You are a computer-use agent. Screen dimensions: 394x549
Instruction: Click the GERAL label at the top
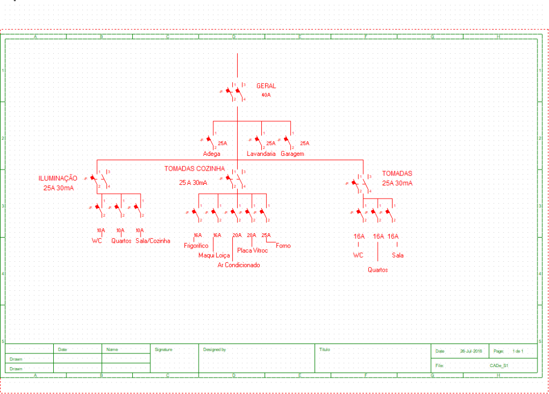click(266, 86)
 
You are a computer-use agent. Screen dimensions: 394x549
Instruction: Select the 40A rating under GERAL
click(266, 95)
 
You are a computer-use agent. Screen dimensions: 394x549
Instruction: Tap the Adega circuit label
click(211, 154)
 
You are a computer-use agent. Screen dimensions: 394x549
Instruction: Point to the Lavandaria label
click(261, 154)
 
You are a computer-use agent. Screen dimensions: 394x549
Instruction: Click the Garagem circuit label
click(292, 154)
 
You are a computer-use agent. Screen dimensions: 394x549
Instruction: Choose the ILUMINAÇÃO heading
click(58, 178)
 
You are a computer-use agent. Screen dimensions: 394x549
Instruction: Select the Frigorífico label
click(196, 246)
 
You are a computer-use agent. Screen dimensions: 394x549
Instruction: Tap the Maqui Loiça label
click(214, 255)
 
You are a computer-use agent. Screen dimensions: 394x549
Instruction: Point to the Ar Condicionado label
click(239, 265)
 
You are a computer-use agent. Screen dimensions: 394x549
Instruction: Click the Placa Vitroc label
click(253, 251)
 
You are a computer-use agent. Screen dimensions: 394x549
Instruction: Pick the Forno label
click(283, 246)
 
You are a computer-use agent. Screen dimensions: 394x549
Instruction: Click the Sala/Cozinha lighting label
click(153, 241)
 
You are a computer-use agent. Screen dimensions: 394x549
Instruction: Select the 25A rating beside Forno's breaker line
click(266, 235)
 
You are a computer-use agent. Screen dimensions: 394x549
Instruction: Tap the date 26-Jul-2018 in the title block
click(471, 351)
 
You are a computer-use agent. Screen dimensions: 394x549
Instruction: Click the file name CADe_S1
click(499, 365)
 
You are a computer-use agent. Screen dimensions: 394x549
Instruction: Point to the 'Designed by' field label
click(215, 350)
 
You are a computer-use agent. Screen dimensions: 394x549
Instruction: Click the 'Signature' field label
click(164, 349)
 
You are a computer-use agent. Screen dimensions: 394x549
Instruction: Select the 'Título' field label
click(324, 350)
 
